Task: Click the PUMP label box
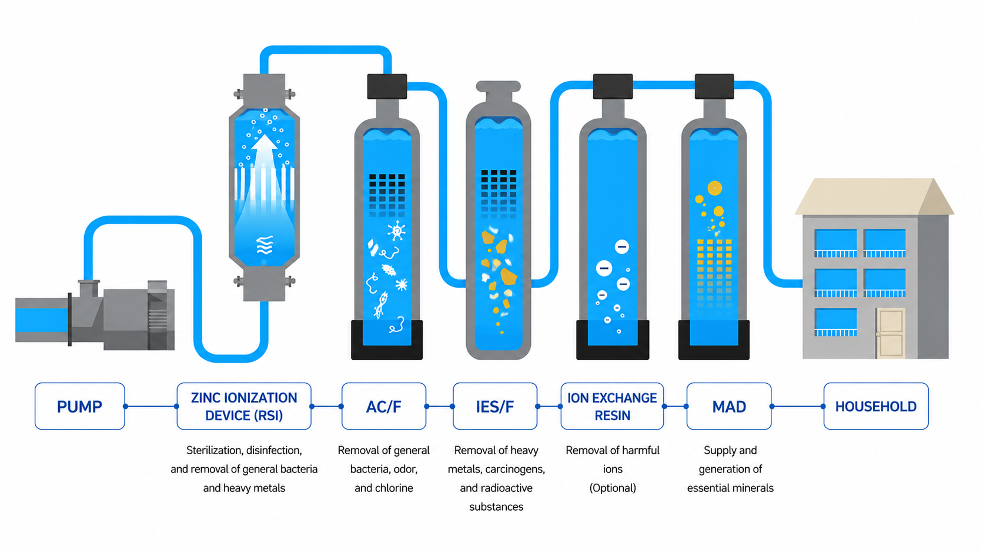(80, 406)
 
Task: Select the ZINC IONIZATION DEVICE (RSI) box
(244, 406)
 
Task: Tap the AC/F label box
(383, 406)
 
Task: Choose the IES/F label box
(495, 406)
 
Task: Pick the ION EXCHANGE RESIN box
(612, 406)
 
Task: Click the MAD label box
(729, 406)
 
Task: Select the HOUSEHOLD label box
(876, 406)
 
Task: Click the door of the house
(891, 333)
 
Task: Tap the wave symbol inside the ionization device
(265, 245)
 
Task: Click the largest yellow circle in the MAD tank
(714, 188)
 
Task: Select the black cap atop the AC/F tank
(387, 86)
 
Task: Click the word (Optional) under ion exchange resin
(613, 488)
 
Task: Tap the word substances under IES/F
(496, 507)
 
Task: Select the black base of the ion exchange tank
(613, 340)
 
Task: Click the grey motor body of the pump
(127, 315)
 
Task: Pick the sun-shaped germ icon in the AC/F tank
(397, 231)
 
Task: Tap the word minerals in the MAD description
(753, 488)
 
